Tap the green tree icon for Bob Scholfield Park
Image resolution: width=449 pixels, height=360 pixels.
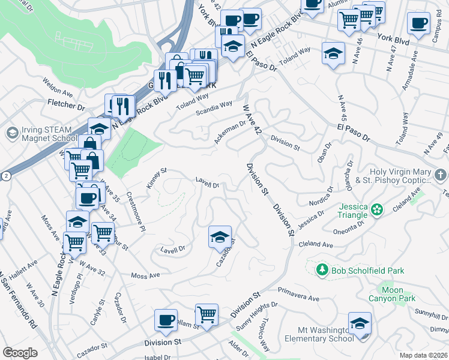(322, 270)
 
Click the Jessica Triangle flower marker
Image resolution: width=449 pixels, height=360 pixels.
(376, 210)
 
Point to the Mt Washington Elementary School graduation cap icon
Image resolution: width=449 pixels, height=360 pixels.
(360, 324)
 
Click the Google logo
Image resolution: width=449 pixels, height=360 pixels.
(20, 353)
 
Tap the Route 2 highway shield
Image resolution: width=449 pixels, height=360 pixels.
(5, 176)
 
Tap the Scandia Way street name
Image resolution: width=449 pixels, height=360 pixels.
(214, 109)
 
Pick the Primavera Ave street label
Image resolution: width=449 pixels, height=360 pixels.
(298, 293)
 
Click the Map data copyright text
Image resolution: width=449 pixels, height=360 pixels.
(423, 355)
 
